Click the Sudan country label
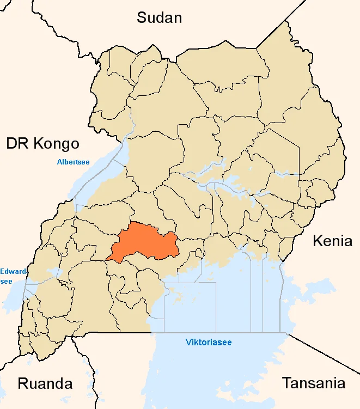[x=159, y=17]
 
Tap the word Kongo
[x=57, y=144]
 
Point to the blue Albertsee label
[x=74, y=162]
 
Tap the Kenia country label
[x=332, y=241]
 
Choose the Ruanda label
[x=45, y=383]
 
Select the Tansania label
[x=313, y=383]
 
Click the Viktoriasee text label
[x=209, y=343]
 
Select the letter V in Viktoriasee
[x=188, y=343]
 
